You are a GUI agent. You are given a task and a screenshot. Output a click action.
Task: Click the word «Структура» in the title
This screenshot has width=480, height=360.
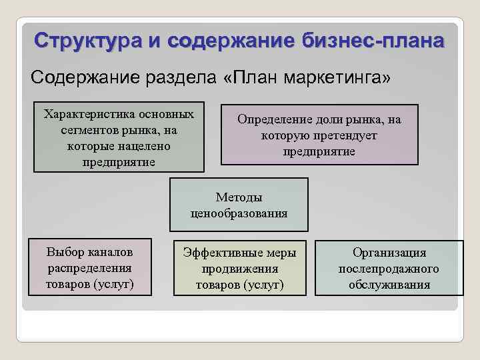click(87, 41)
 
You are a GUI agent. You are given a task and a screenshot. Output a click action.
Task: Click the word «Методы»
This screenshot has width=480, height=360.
click(239, 197)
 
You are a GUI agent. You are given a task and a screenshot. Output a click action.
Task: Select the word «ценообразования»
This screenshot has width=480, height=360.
click(239, 213)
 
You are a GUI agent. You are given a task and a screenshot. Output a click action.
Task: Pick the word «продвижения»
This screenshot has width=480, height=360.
click(239, 269)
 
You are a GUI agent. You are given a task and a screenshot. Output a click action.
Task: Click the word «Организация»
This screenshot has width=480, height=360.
click(389, 253)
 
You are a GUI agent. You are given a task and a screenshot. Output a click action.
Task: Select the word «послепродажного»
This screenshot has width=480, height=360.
click(389, 269)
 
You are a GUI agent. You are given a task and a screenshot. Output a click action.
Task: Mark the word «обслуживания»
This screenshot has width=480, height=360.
click(389, 285)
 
